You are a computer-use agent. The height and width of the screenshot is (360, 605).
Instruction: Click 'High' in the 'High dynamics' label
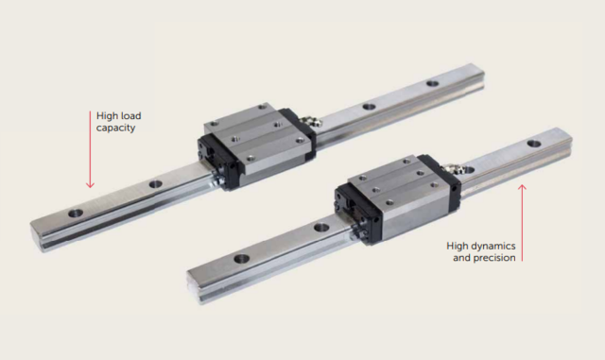(x=458, y=246)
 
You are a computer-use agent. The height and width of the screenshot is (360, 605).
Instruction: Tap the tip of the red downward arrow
(x=90, y=185)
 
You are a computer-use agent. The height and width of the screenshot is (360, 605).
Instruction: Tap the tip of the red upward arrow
(x=523, y=186)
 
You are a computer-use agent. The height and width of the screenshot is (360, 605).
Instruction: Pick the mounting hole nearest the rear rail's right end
(x=432, y=83)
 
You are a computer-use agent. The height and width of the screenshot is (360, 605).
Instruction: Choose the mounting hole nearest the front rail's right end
(x=534, y=143)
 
